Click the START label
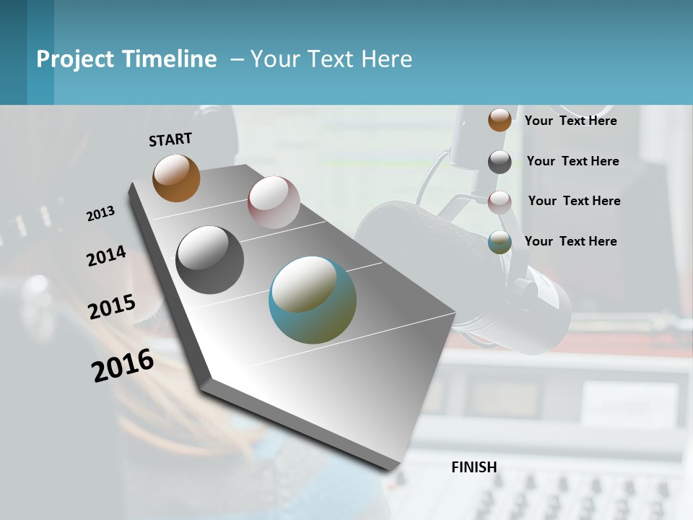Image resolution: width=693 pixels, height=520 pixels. (170, 139)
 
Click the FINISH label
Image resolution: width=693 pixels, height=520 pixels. (474, 467)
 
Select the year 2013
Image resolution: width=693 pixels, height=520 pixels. (100, 214)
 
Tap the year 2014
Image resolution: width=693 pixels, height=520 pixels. (106, 256)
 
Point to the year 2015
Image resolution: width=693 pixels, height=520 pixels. (112, 307)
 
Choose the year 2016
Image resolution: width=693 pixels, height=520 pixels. (123, 365)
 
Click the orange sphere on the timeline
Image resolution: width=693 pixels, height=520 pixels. (176, 178)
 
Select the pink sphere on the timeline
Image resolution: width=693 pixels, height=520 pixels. (274, 202)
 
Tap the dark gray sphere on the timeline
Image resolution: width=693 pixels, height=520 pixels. (210, 260)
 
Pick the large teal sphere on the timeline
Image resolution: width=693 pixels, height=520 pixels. (313, 300)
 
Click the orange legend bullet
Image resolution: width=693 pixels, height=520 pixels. (500, 120)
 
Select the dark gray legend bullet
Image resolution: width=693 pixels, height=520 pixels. (500, 162)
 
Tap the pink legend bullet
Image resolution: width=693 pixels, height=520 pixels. (500, 201)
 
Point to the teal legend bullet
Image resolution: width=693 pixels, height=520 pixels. (500, 242)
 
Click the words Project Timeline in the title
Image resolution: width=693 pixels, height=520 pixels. (126, 59)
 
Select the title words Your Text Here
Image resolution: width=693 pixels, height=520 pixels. (331, 59)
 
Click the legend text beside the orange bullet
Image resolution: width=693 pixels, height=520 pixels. (570, 121)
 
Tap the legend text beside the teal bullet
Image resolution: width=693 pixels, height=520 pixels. (570, 241)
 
